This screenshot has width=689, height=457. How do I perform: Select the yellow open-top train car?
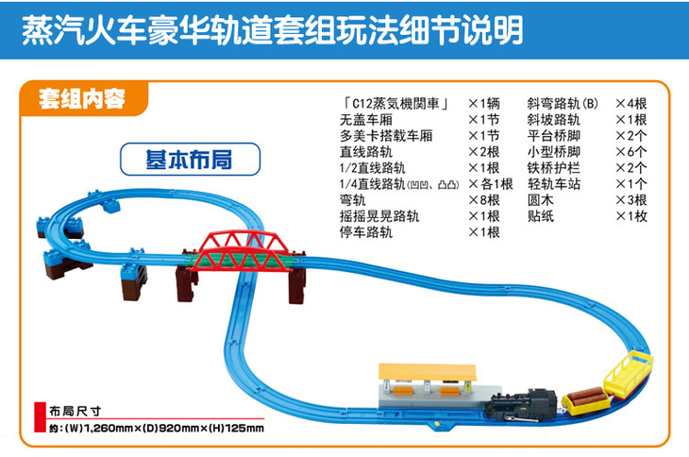(x=629, y=375)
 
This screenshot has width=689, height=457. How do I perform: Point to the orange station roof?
(x=428, y=372)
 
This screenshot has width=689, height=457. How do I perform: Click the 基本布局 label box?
(x=191, y=159)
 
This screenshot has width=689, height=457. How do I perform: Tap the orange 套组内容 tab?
(x=82, y=98)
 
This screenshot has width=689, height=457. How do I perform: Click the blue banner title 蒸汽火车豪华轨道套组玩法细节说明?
(x=273, y=30)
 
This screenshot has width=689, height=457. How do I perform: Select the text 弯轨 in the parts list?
(x=352, y=200)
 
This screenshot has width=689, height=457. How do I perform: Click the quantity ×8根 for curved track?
(x=484, y=200)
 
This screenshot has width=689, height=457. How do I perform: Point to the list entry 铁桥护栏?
(x=554, y=168)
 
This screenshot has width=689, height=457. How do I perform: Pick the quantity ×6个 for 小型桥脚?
(x=631, y=152)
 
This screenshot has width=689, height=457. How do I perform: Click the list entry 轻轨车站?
(x=554, y=184)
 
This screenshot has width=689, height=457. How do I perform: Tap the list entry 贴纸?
(x=541, y=216)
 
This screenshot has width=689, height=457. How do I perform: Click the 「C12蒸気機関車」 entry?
(x=395, y=103)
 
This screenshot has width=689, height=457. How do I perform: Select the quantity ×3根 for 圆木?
(x=631, y=200)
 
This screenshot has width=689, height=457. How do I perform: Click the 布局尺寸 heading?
(x=76, y=412)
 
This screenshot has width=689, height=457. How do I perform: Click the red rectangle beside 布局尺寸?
(x=40, y=417)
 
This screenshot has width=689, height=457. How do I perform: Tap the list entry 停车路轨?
(x=365, y=232)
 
